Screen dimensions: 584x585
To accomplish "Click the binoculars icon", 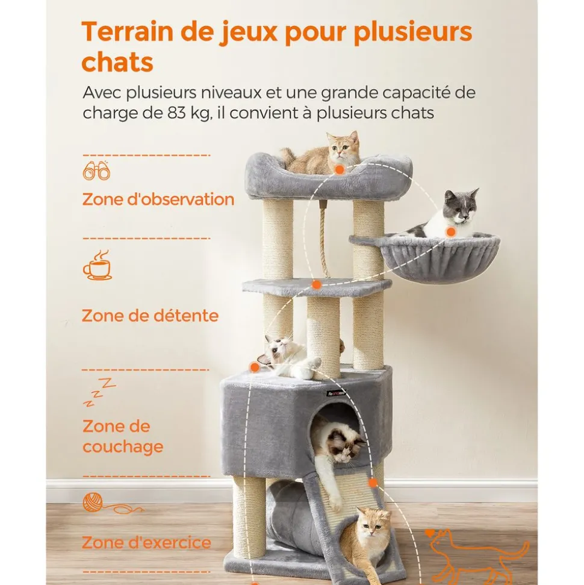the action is (96, 171).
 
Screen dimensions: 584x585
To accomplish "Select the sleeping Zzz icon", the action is (99, 392).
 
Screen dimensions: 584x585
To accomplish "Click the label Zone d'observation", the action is (158, 199).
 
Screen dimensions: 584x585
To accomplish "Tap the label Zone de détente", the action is (150, 316).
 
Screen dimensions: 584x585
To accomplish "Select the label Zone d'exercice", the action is (146, 542).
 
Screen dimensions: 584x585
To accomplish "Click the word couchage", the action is (123, 447).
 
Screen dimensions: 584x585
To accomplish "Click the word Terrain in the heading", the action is (128, 31).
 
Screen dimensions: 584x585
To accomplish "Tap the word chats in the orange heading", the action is (117, 62).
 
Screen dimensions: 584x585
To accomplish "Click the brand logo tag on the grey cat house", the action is (337, 393).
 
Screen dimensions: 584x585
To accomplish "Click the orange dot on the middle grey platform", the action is (316, 285).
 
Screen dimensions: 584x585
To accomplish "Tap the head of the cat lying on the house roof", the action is (277, 348).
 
